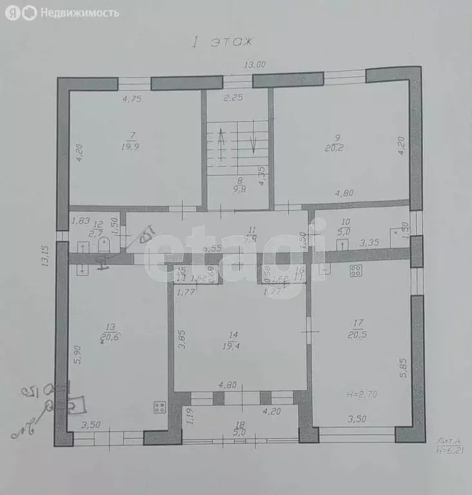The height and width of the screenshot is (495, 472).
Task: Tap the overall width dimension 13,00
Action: click(x=255, y=64)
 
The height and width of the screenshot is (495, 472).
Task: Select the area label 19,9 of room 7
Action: click(x=133, y=146)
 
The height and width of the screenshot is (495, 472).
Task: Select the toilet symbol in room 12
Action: click(x=103, y=246)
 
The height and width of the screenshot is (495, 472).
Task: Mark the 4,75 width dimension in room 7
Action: click(x=132, y=99)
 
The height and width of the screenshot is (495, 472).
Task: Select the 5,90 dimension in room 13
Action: click(x=77, y=354)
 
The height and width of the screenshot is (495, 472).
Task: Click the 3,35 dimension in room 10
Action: click(x=369, y=244)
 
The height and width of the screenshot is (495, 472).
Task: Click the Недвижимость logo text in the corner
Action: click(x=79, y=12)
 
